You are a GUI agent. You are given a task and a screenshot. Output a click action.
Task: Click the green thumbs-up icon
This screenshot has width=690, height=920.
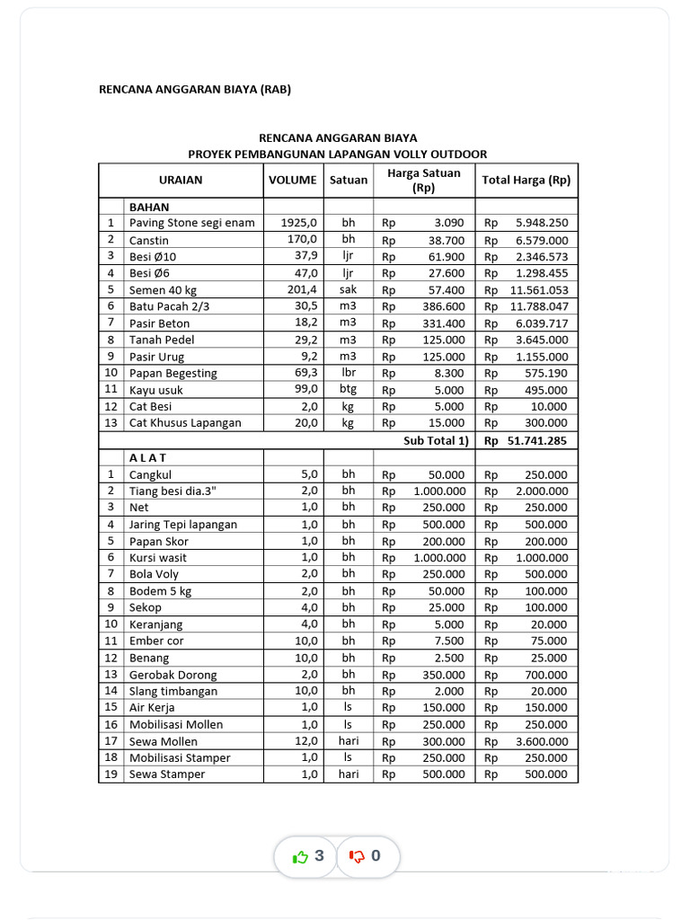300,857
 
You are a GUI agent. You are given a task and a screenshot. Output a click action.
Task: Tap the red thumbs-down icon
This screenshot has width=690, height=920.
357,857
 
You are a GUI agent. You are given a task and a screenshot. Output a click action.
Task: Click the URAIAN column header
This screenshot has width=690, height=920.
181,180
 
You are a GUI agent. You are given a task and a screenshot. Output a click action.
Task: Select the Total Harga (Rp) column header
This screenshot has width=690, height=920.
526,180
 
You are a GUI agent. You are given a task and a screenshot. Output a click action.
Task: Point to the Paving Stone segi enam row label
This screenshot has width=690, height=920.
191,223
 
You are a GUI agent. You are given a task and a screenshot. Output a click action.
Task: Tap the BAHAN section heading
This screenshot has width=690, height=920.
149,207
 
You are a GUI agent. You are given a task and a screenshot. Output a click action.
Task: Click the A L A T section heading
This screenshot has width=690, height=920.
148,457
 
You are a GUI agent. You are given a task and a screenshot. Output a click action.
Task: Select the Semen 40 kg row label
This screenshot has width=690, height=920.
163,290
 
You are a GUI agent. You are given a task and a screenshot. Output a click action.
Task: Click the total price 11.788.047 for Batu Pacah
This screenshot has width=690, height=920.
538,306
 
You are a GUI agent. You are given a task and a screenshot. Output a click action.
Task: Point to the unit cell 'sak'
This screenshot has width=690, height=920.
348,290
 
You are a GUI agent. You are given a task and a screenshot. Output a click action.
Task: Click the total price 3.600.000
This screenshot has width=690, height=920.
541,741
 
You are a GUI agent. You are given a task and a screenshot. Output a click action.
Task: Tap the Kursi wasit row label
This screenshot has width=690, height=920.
159,558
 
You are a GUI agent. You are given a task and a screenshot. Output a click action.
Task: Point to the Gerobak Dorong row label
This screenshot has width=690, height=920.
172,675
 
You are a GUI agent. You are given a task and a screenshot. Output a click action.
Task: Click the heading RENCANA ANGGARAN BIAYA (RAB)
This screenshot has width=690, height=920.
194,89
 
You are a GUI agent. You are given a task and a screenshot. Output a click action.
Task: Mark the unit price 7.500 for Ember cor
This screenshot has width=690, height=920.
448,641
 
